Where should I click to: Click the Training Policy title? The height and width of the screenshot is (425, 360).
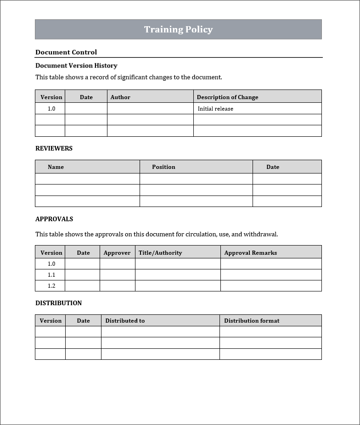[x=178, y=29]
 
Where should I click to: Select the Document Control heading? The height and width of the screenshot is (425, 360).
[x=66, y=52]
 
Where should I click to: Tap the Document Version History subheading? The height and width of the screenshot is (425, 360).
[x=76, y=66]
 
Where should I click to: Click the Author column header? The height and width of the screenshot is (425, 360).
[x=120, y=97]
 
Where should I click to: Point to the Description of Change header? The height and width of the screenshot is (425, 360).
[x=227, y=97]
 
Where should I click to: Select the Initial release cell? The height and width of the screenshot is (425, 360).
[x=215, y=109]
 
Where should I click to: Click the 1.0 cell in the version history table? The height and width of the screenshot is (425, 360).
[x=51, y=109]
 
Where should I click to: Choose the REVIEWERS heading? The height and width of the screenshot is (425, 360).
[x=54, y=148]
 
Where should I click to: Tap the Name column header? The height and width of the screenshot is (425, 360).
[x=56, y=167]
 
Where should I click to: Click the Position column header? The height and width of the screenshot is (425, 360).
[x=163, y=167]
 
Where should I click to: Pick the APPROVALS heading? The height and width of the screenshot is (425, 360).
[x=54, y=219]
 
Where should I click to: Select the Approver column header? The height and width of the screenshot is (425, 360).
[x=117, y=253]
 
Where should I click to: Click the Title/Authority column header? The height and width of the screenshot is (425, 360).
[x=160, y=253]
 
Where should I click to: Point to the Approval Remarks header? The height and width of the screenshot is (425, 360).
[x=250, y=253]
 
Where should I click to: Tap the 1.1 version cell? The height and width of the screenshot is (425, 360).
[x=51, y=275]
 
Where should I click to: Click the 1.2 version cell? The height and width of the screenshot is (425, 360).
[x=51, y=286]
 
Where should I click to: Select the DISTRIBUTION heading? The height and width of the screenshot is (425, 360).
[x=58, y=303]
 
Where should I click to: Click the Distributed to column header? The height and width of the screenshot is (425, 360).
[x=125, y=321]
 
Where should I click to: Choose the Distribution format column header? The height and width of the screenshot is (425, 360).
[x=252, y=321]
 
